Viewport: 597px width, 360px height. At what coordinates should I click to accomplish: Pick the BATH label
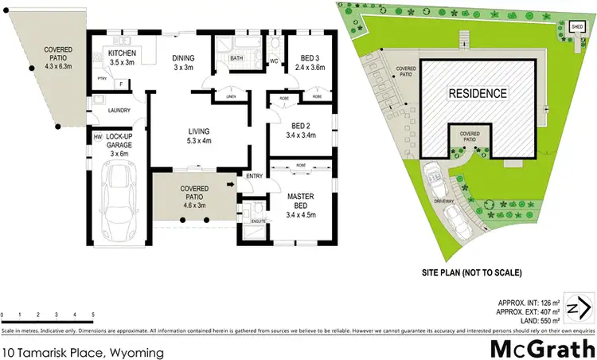[x=236, y=58]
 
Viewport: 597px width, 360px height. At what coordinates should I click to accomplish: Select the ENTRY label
[x=255, y=176]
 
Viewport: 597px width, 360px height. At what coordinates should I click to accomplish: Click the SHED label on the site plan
[x=577, y=27]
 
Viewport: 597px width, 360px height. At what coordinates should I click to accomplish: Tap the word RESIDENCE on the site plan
[x=477, y=93]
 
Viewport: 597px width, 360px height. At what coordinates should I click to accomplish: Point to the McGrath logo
[x=539, y=348]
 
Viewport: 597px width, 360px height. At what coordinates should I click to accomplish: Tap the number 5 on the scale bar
[x=94, y=315]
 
